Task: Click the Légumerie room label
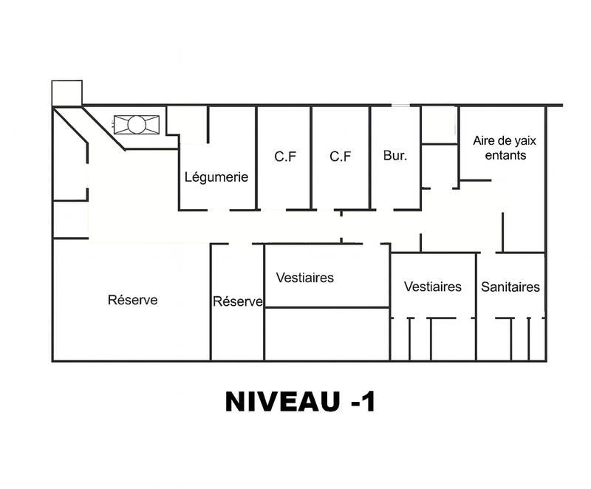(x=216, y=177)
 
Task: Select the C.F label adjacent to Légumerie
(x=285, y=157)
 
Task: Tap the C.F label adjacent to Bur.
(x=340, y=157)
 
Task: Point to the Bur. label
(x=395, y=157)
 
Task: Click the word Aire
(x=485, y=140)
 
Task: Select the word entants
(x=506, y=155)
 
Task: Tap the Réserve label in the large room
(x=133, y=300)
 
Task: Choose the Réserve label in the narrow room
(x=238, y=301)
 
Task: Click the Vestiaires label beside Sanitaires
(x=433, y=287)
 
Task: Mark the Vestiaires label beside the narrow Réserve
(x=305, y=278)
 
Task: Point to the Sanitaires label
(x=510, y=287)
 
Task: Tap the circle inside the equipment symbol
(x=137, y=124)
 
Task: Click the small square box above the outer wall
(x=66, y=92)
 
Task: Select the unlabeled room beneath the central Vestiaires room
(x=327, y=334)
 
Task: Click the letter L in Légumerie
(x=188, y=177)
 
